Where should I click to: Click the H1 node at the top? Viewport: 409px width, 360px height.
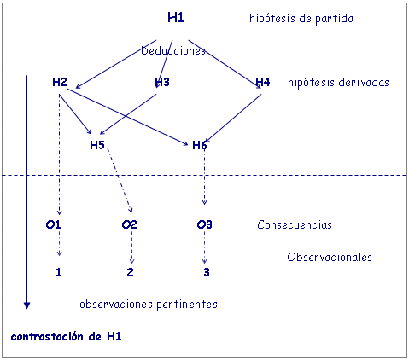[x=176, y=18]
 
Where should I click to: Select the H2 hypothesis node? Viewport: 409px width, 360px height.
[x=60, y=82]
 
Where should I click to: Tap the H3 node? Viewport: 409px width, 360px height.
[x=162, y=82]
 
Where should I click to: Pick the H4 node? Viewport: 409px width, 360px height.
[x=263, y=82]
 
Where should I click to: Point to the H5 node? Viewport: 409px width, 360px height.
[x=97, y=145]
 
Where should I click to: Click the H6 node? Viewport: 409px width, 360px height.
[x=200, y=145]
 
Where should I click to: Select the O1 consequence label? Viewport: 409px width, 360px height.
[x=53, y=224]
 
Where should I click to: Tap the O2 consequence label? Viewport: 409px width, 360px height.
[x=129, y=224]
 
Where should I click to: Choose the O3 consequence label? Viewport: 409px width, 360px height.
[x=204, y=224]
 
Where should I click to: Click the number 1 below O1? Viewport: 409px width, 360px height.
[x=59, y=272]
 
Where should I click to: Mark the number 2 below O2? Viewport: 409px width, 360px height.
[x=130, y=272]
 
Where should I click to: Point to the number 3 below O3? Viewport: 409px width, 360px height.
[x=207, y=272]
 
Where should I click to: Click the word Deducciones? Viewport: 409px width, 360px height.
[x=173, y=51]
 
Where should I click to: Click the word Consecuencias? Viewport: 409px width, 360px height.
[x=295, y=224]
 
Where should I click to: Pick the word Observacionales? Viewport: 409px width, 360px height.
[x=330, y=257]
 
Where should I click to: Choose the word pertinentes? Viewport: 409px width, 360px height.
[x=187, y=305]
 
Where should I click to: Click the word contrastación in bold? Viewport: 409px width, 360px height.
[x=47, y=337]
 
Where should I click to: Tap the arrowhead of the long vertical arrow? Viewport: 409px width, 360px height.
[x=26, y=305]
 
